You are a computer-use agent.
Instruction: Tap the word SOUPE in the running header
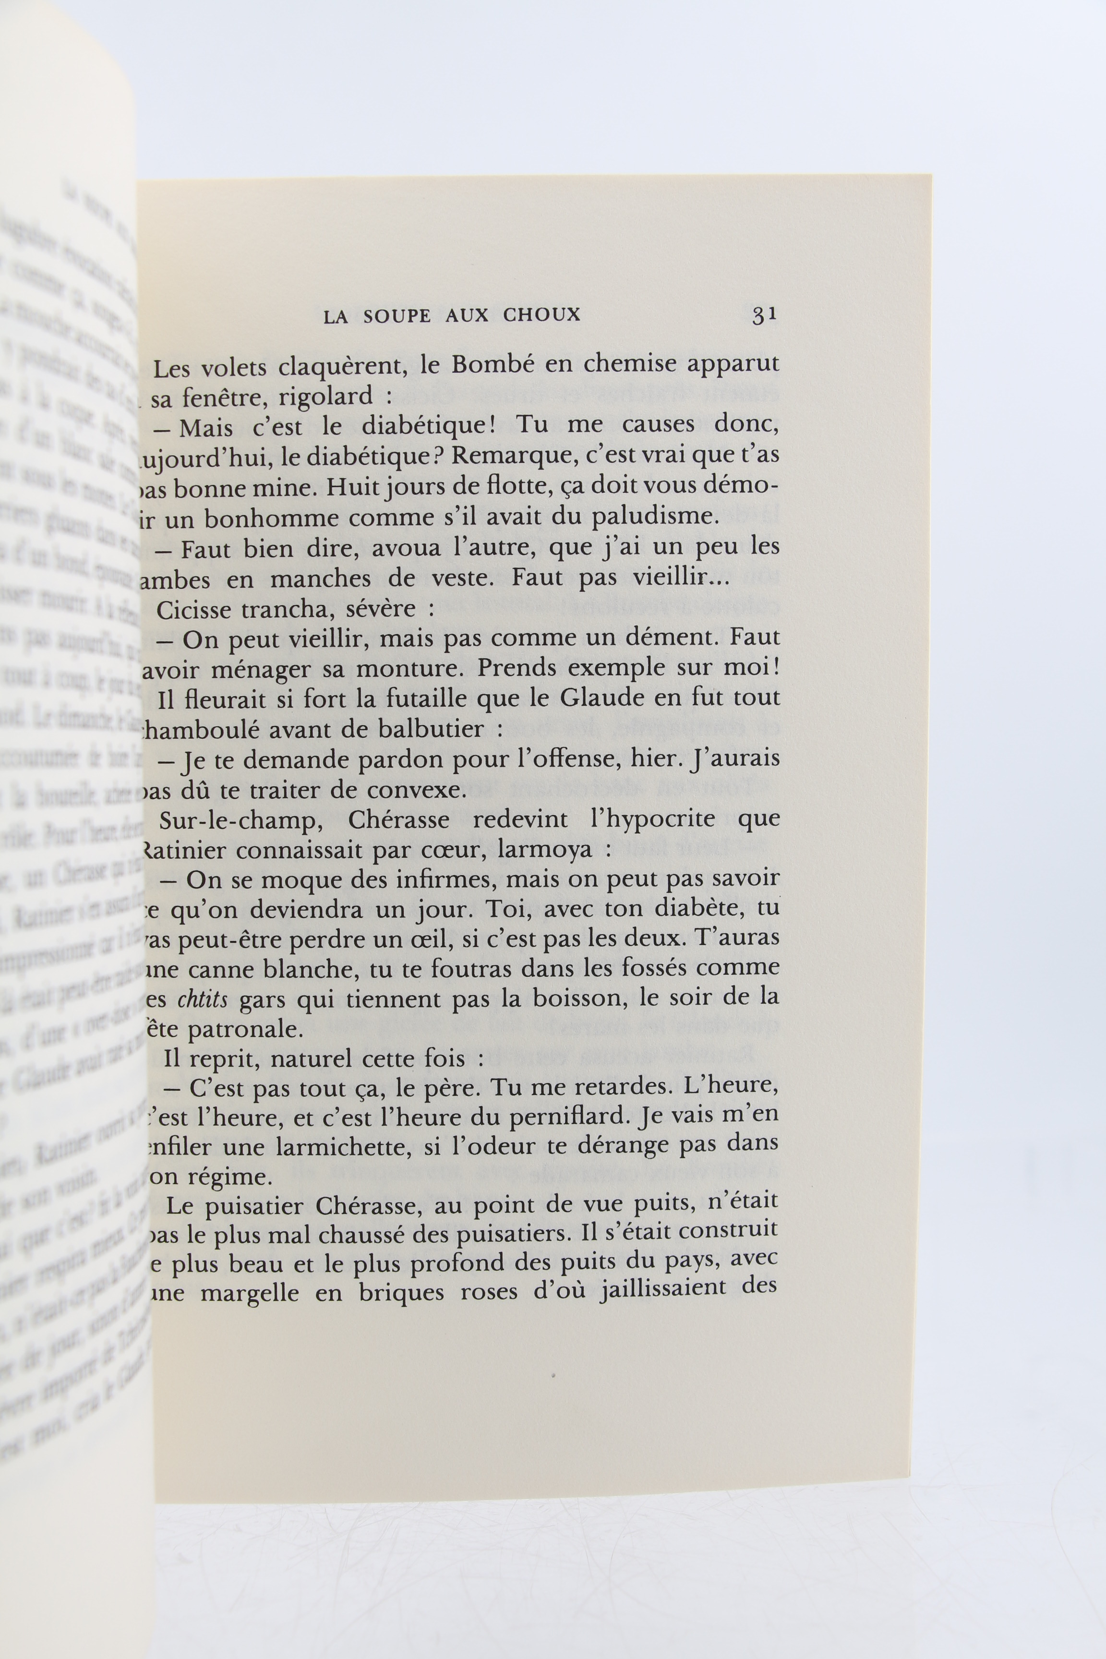click(397, 316)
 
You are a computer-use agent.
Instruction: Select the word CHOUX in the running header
click(541, 315)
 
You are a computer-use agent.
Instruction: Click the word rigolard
click(326, 397)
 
